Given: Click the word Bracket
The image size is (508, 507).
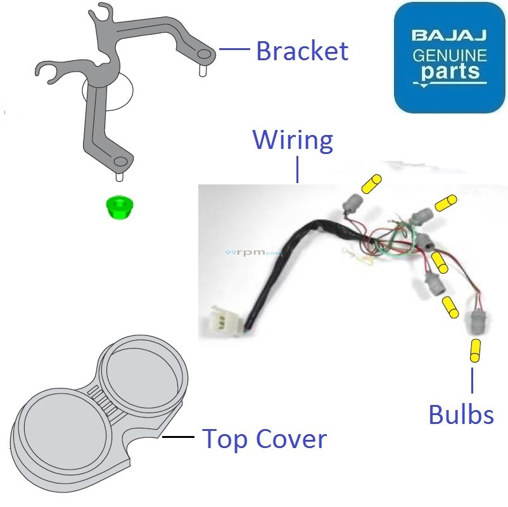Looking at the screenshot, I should (x=302, y=51).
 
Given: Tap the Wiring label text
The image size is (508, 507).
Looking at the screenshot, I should (x=293, y=139).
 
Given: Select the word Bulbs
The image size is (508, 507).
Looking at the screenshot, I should (x=461, y=414).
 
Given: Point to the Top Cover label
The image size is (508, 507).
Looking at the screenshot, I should (x=264, y=439).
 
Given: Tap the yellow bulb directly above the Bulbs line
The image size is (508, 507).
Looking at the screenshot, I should (x=475, y=350).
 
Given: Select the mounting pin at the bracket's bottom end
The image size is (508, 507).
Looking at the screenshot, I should (x=120, y=169).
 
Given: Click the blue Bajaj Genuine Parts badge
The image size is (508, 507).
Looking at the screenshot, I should (x=449, y=57).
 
